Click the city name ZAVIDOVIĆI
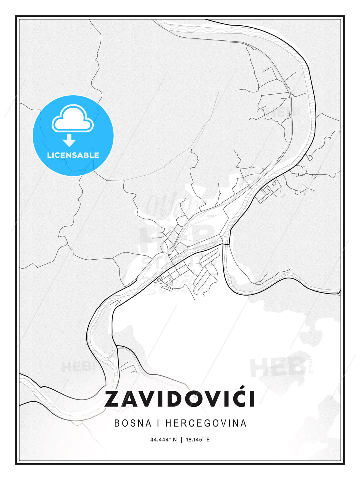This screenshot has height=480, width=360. (x=180, y=399)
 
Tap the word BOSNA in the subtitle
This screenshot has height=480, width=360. (x=133, y=423)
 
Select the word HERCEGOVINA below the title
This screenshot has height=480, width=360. (x=206, y=423)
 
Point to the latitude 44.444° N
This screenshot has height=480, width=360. (x=164, y=440)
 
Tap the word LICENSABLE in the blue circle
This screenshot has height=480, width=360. (x=73, y=155)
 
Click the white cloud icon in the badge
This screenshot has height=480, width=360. (x=73, y=119)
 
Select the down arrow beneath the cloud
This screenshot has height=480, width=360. (x=69, y=140)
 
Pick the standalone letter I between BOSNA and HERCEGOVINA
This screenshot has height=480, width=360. (x=158, y=423)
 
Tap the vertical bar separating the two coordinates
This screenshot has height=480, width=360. (x=181, y=440)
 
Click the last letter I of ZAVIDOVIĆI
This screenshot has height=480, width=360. (x=252, y=399)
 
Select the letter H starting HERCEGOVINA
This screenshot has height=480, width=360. (x=168, y=423)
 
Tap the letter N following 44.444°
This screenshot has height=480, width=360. (x=175, y=440)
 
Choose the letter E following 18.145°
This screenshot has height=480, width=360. (x=208, y=440)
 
